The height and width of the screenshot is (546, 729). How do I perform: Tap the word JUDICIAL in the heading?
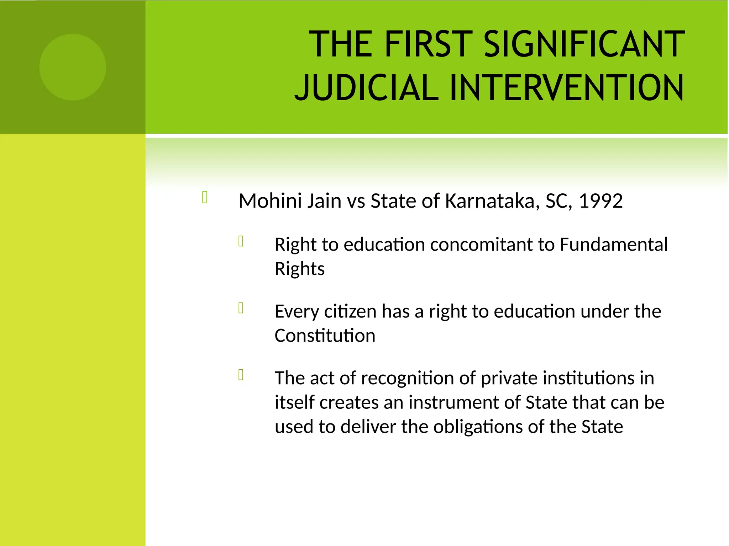click(367, 87)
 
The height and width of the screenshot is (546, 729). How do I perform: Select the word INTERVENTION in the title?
click(566, 87)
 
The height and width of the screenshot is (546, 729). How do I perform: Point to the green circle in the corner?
click(73, 67)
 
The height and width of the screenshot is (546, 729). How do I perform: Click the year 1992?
click(600, 201)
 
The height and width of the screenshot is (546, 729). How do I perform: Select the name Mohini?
click(270, 201)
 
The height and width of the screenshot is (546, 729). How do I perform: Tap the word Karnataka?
click(489, 201)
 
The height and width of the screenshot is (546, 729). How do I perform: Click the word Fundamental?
click(614, 245)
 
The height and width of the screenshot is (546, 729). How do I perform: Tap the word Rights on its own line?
click(299, 269)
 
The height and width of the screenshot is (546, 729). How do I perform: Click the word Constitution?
click(325, 336)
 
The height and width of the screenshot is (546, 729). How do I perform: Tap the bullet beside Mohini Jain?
click(205, 198)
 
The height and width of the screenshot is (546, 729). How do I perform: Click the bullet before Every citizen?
click(241, 308)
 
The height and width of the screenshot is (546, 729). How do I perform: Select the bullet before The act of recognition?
click(241, 375)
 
